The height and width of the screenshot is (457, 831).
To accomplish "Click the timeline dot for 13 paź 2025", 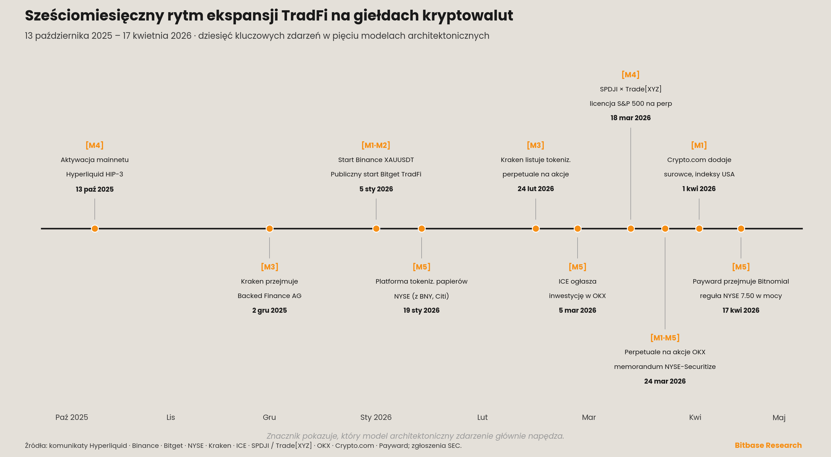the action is tap(94, 229).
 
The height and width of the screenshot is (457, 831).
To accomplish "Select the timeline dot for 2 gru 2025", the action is tap(269, 229).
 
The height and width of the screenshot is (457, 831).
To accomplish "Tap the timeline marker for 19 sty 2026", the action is tap(421, 229).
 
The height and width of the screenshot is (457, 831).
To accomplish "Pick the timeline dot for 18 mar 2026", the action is tap(631, 229).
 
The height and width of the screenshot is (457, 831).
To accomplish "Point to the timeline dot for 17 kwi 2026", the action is tap(741, 229).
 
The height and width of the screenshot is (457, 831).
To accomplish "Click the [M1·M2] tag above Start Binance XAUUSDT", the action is tap(376, 145).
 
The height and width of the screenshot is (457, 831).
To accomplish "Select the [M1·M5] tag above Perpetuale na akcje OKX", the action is tap(665, 338).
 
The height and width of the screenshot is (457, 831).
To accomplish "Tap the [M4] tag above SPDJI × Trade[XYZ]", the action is tap(631, 75).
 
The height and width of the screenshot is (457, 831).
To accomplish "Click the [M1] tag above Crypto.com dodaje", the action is tap(699, 145).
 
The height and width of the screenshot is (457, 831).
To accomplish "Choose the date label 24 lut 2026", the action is tap(535, 189).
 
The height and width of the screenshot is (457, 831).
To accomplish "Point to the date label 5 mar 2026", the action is tap(578, 310).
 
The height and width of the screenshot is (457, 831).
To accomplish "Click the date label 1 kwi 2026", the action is tap(699, 189).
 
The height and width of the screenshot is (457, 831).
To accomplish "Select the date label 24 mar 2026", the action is tap(665, 381).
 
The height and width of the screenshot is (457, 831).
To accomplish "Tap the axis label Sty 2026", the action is tap(376, 417).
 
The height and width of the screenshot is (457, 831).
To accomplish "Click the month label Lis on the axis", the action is tap(171, 417).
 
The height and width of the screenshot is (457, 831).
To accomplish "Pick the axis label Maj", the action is tap(779, 418).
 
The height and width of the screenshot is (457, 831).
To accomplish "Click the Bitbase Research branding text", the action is tap(768, 445).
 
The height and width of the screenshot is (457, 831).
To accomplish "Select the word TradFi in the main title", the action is tap(304, 15).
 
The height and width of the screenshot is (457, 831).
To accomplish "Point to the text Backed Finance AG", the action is tap(269, 296).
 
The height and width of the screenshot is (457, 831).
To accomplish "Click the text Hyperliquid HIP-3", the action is tap(94, 174).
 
